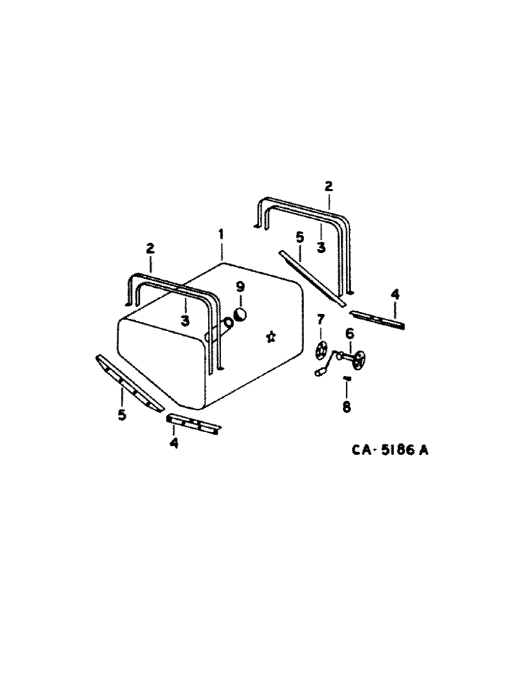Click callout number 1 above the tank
click(x=221, y=235)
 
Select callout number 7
click(x=320, y=320)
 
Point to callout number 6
click(x=349, y=333)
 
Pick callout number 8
click(x=346, y=407)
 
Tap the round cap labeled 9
click(x=241, y=314)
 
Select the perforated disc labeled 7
click(x=319, y=350)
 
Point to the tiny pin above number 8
click(x=346, y=378)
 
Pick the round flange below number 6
click(x=358, y=358)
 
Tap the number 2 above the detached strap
click(x=328, y=185)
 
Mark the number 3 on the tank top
click(x=185, y=319)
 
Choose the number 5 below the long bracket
click(x=122, y=415)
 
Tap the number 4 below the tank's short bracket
click(x=174, y=443)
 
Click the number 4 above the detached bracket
click(x=395, y=294)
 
